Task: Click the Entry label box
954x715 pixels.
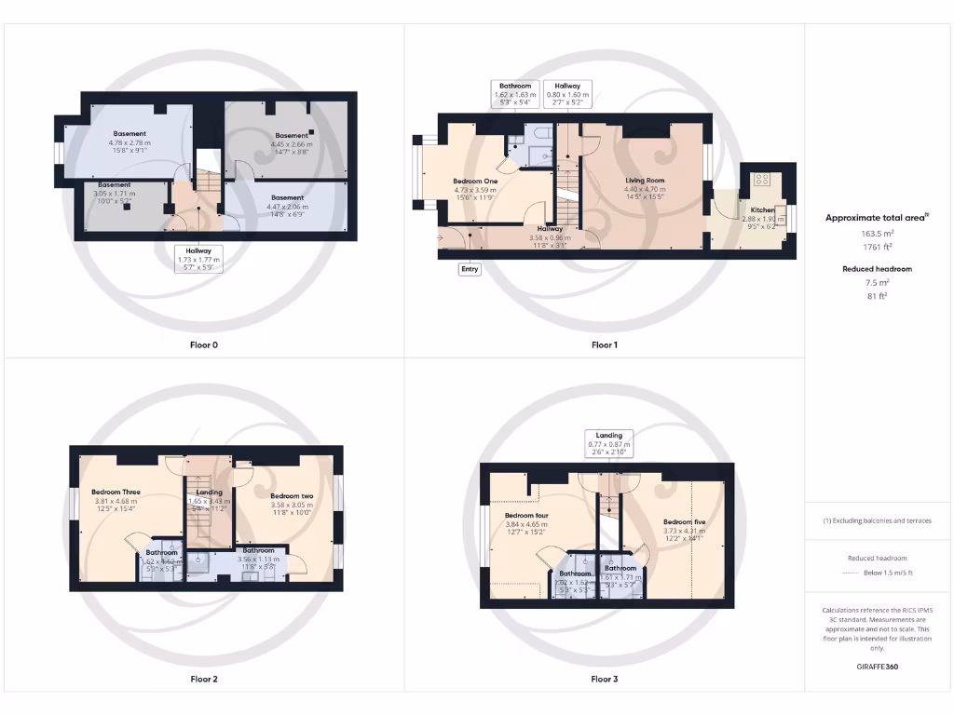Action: coord(470,269)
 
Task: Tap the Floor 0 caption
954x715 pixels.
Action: coord(204,345)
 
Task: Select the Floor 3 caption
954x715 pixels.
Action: coord(604,680)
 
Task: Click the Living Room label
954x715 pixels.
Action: coord(645,181)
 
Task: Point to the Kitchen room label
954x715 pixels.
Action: coord(762,210)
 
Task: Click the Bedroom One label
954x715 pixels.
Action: coord(474,181)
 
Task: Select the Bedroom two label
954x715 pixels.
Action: coord(291,496)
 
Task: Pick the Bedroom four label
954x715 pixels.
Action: coord(525,515)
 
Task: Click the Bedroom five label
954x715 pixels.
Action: coord(684,522)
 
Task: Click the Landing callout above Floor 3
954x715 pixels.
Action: coord(609,440)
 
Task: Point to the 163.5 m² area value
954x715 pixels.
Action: coord(877,235)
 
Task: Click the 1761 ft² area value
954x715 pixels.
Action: coord(877,249)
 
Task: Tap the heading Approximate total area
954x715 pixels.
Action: coord(877,218)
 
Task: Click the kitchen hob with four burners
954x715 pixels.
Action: coord(761,179)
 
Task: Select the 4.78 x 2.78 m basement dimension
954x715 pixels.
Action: coord(129,142)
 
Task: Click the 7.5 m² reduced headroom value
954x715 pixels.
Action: coord(877,283)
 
